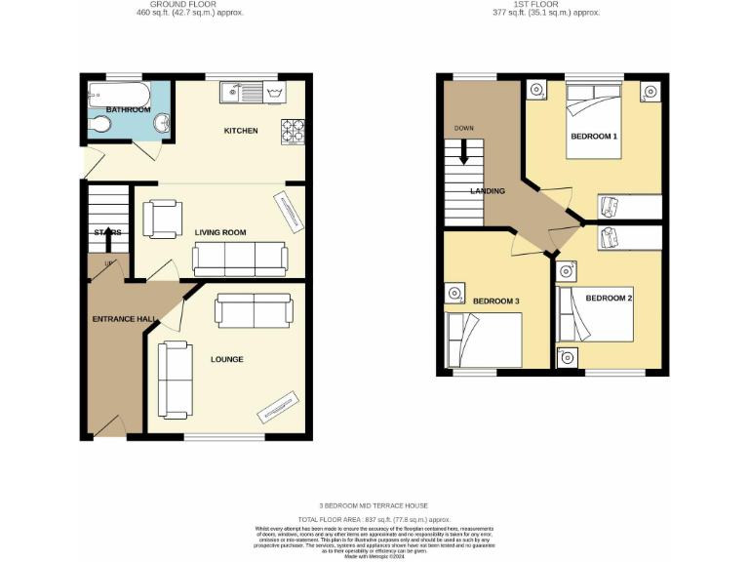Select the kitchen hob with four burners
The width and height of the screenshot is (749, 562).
[294, 130]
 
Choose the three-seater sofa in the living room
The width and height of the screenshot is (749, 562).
[240, 258]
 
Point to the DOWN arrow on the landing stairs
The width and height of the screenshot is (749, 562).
[464, 150]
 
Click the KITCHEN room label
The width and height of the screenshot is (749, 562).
[240, 131]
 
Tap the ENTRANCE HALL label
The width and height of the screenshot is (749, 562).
[119, 319]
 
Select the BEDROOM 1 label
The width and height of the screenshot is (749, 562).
[594, 137]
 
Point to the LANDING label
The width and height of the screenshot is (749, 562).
[488, 191]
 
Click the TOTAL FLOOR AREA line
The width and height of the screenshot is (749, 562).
[374, 521]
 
